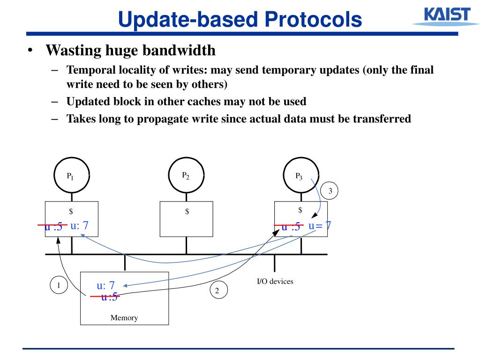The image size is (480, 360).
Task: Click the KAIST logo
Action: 442,16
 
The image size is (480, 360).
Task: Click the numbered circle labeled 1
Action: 59,285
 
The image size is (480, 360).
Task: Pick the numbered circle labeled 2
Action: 217,291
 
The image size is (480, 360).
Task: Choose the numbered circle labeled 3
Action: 330,191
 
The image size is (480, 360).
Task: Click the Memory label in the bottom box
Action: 124,318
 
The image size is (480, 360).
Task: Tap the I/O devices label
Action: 275,281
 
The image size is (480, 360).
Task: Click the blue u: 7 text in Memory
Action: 106,285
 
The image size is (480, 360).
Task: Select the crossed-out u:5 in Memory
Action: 109,297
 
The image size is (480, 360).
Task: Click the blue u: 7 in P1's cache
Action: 80,225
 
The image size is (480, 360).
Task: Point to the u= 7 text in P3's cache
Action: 320,226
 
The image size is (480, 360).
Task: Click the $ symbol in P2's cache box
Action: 187,211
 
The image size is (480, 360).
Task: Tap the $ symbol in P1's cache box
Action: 71,211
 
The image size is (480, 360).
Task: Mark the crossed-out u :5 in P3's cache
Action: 291,227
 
